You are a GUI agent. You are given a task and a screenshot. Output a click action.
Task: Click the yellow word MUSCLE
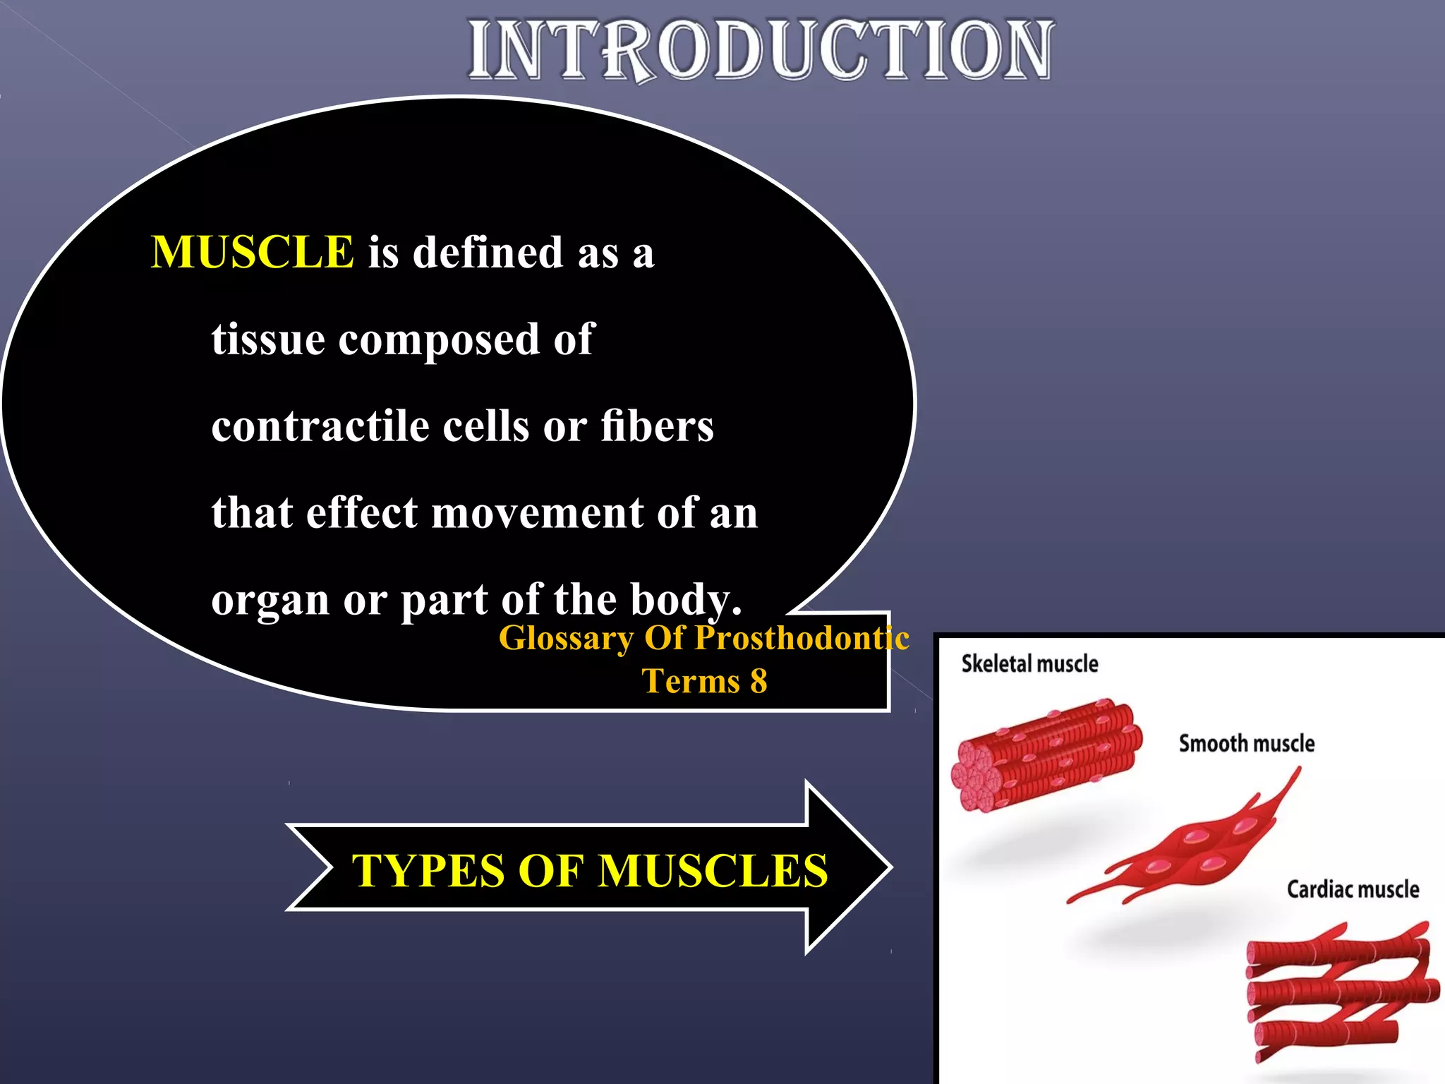click(x=252, y=252)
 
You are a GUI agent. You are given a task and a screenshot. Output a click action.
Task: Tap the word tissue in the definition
click(x=269, y=339)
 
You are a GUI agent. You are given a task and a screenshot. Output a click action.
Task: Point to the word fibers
click(x=657, y=426)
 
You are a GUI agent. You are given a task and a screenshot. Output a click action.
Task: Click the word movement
click(x=537, y=513)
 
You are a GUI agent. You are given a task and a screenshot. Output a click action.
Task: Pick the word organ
click(x=270, y=601)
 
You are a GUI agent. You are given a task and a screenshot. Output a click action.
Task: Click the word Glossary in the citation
click(x=567, y=638)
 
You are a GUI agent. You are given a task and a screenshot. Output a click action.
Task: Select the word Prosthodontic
click(x=802, y=638)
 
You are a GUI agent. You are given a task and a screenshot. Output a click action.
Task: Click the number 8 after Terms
click(x=758, y=682)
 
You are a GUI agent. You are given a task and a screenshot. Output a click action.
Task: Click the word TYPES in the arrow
click(x=428, y=870)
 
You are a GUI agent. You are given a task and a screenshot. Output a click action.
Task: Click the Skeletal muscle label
click(x=1029, y=663)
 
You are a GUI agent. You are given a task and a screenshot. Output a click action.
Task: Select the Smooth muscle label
click(x=1247, y=743)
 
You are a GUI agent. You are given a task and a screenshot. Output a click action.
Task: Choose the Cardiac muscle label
click(x=1353, y=889)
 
